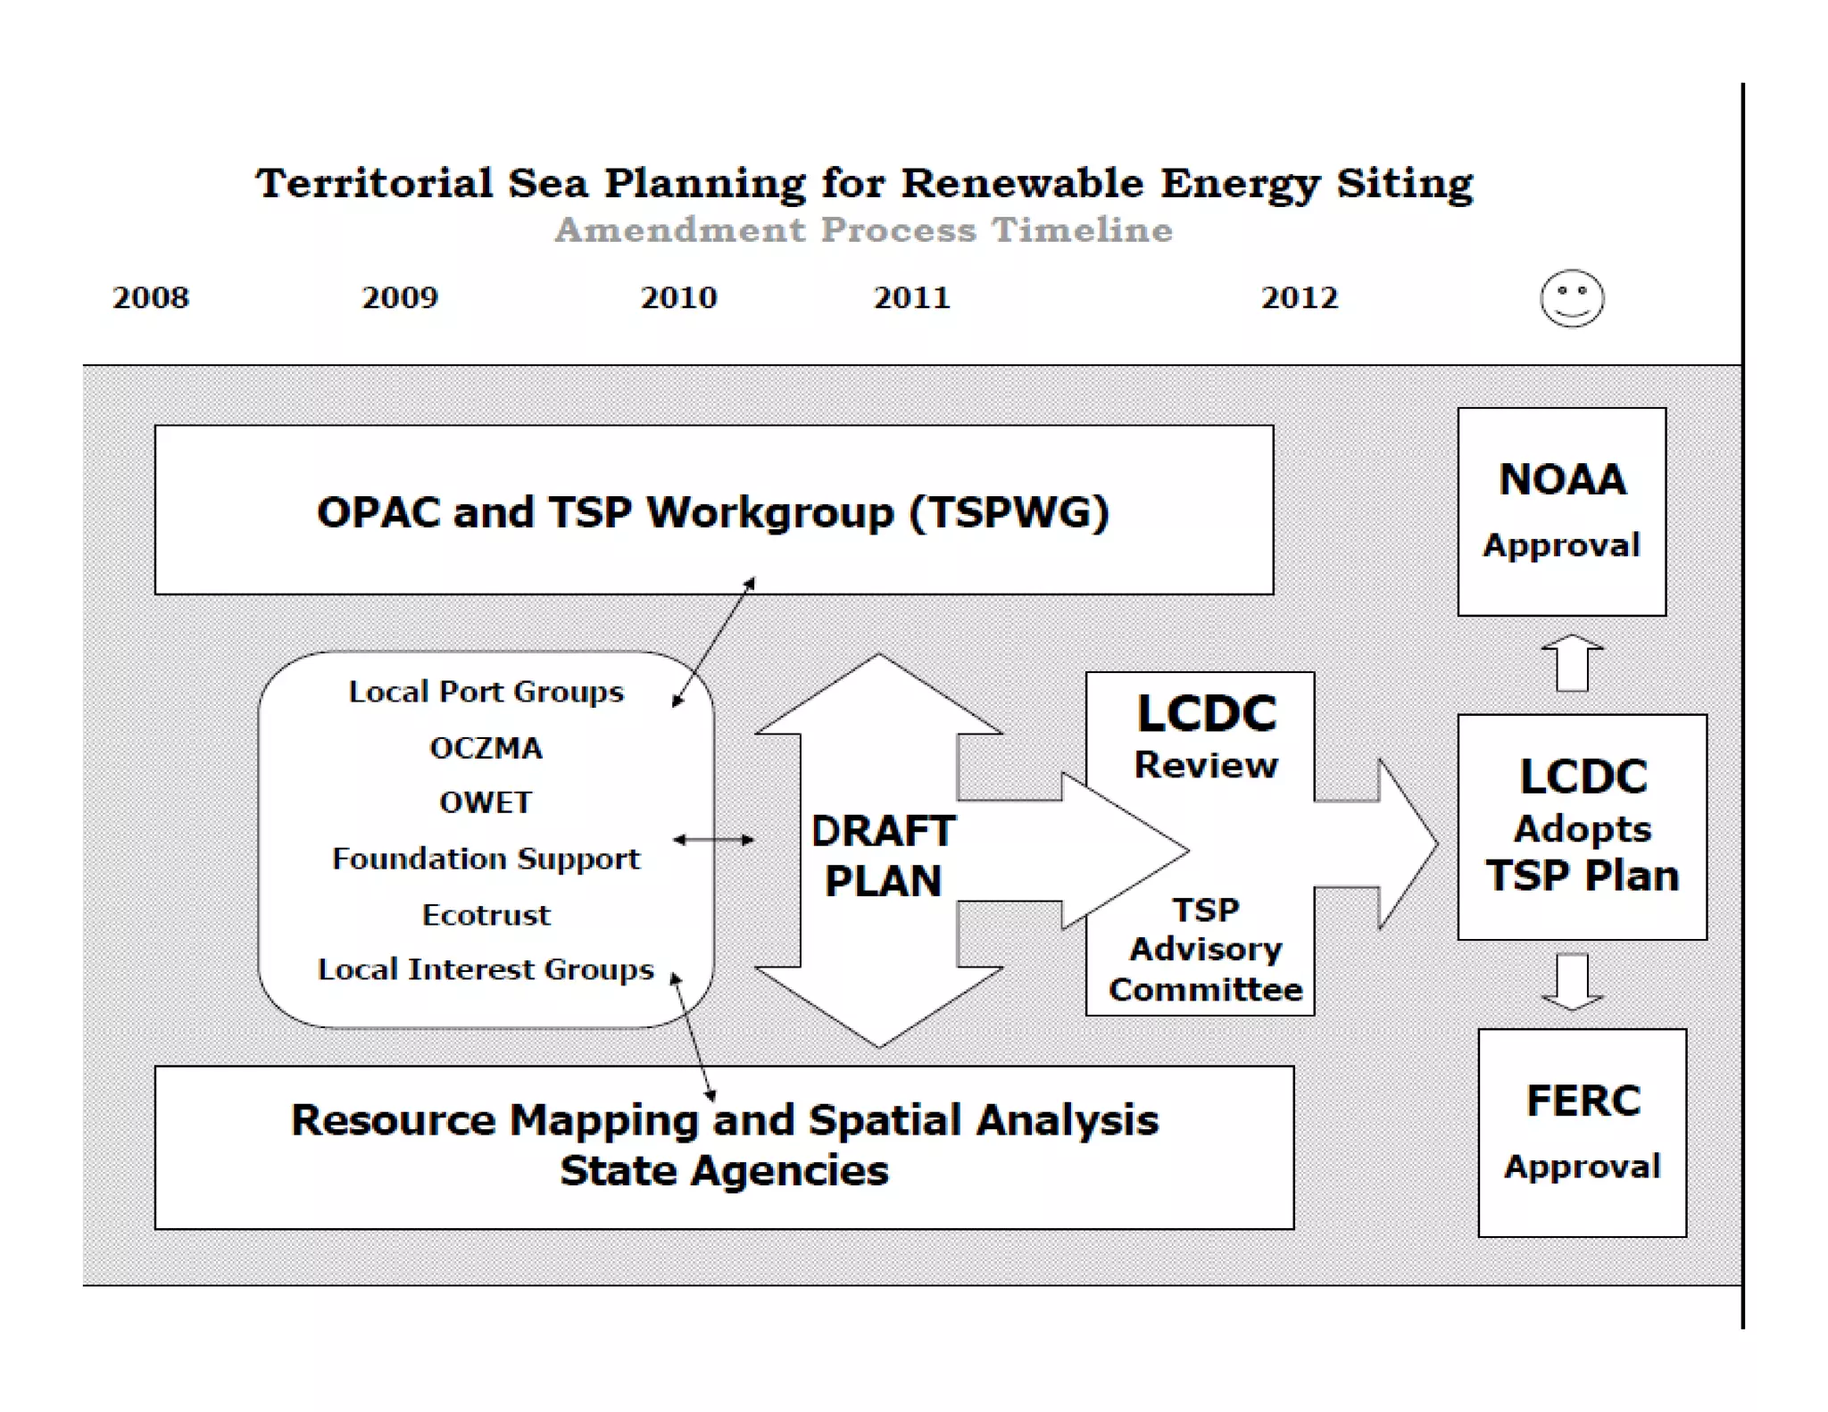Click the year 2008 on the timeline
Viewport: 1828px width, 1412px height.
pyautogui.click(x=151, y=297)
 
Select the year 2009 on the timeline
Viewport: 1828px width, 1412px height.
pyautogui.click(x=400, y=297)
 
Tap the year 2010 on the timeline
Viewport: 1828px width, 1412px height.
pyautogui.click(x=678, y=297)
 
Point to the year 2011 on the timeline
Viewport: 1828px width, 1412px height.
pyautogui.click(x=911, y=297)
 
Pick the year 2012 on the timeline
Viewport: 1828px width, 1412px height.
pyautogui.click(x=1299, y=297)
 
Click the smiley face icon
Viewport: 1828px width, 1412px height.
pyautogui.click(x=1572, y=298)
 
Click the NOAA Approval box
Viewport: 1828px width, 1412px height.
pyautogui.click(x=1561, y=511)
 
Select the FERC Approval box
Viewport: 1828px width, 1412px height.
pyautogui.click(x=1582, y=1133)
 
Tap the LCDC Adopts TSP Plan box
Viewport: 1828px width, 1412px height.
pyautogui.click(x=1582, y=826)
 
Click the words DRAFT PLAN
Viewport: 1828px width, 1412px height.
pyautogui.click(x=883, y=856)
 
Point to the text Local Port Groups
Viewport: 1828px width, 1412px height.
pyautogui.click(x=486, y=692)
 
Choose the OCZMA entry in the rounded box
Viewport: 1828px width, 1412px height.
pyautogui.click(x=486, y=748)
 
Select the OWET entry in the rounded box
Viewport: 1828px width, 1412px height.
pyautogui.click(x=486, y=802)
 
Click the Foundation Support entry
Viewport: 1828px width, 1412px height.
pyautogui.click(x=486, y=859)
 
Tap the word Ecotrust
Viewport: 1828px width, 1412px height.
pyautogui.click(x=486, y=915)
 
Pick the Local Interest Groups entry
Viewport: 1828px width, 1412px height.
pyautogui.click(x=486, y=969)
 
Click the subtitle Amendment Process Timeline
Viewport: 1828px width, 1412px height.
pyautogui.click(x=863, y=230)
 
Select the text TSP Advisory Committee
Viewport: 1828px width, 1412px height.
pyautogui.click(x=1205, y=950)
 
